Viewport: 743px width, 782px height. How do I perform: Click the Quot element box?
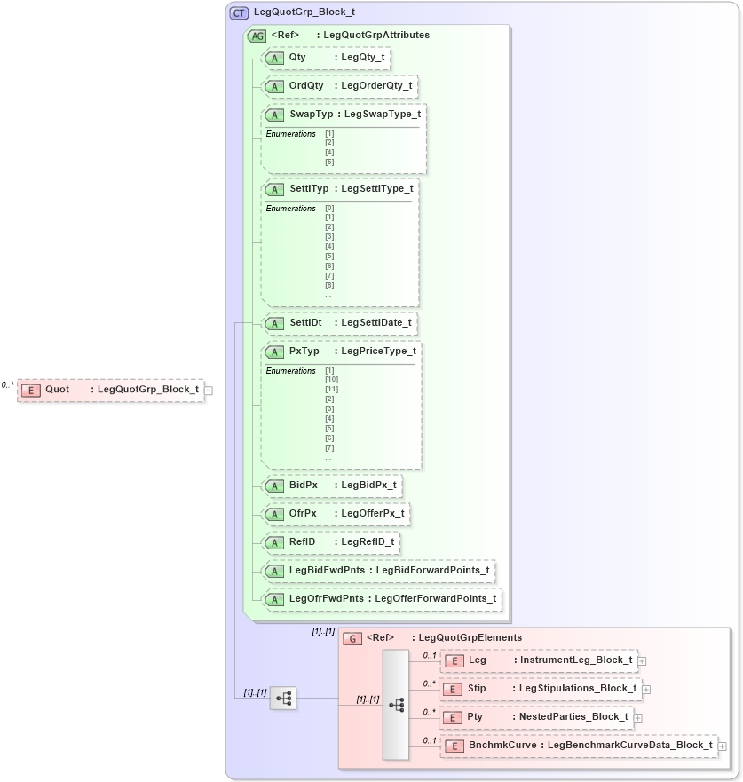coord(110,390)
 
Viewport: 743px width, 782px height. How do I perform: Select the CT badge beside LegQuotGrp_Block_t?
coord(239,13)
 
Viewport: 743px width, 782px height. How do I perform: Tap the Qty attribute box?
coord(328,58)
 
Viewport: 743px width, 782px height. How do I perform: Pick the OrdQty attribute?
coord(339,86)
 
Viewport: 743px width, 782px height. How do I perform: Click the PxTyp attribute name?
coord(304,351)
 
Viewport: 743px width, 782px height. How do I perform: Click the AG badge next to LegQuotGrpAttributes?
coord(257,36)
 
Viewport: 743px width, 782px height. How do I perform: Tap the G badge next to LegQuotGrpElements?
coord(352,637)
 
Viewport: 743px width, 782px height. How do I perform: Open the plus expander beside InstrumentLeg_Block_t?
coord(642,660)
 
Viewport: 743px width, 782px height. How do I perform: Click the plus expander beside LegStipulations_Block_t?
coord(646,689)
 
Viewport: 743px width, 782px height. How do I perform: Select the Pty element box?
coord(537,716)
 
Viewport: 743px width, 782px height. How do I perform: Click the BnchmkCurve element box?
coord(579,746)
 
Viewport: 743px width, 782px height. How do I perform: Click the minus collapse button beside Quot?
coord(209,390)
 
